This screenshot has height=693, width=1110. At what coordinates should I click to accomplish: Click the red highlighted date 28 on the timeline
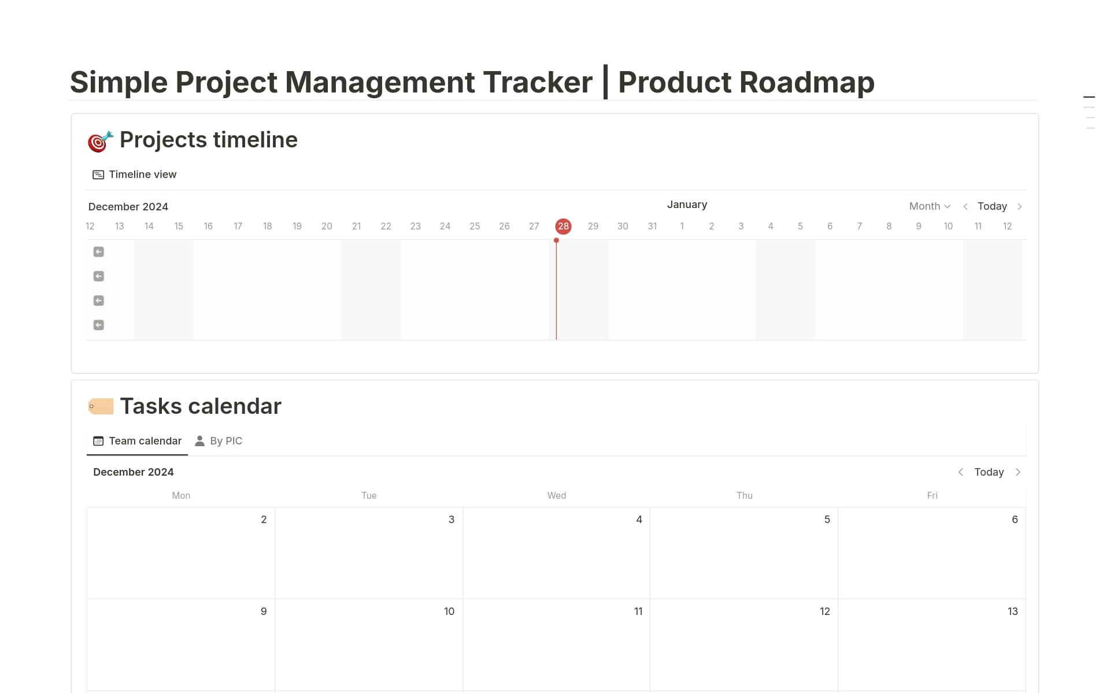click(563, 226)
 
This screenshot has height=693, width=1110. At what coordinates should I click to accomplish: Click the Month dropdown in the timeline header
click(929, 206)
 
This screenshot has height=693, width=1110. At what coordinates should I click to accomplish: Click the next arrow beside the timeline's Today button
click(1020, 206)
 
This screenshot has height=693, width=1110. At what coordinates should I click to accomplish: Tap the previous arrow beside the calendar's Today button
click(960, 472)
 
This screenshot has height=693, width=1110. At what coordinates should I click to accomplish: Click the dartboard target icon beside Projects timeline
click(100, 141)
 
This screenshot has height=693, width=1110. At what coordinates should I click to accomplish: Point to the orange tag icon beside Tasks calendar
click(101, 406)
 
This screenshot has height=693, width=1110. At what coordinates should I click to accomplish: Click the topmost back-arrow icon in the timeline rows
click(99, 252)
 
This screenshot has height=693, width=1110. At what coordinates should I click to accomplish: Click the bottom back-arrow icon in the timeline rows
click(99, 325)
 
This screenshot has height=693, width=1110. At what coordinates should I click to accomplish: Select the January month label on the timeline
click(687, 205)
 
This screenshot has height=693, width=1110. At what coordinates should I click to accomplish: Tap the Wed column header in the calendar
click(557, 495)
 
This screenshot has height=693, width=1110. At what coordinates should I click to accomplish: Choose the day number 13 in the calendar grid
click(1012, 612)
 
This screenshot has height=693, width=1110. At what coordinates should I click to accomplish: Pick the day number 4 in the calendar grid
click(639, 520)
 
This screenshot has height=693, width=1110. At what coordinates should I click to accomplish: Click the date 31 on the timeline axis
click(652, 226)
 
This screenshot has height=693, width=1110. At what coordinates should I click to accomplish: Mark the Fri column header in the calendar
click(932, 495)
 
